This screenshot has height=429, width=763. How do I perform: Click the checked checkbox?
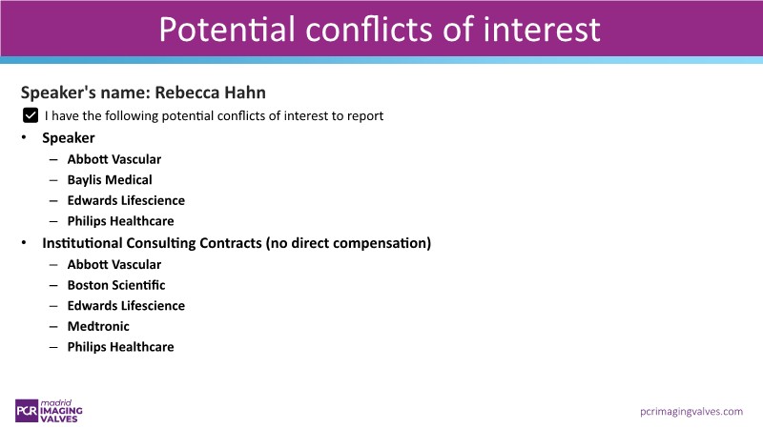[x=31, y=115]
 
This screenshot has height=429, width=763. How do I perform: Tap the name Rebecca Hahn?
[x=210, y=92]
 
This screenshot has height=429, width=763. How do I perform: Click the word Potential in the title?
[x=227, y=30]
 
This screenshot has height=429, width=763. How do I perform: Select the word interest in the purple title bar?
[x=542, y=30]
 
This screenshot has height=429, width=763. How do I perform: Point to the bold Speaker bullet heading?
[x=68, y=138]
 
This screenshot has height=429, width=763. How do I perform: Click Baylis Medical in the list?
[x=110, y=180]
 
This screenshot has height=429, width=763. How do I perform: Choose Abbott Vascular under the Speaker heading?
[x=113, y=159]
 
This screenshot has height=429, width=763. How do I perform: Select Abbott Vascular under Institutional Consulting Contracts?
[x=113, y=264]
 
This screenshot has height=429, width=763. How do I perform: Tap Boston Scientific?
[x=116, y=285]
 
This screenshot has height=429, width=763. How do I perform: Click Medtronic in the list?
[x=98, y=326]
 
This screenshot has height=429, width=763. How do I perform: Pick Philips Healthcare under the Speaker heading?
[x=121, y=221]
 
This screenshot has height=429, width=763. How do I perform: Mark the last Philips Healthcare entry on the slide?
[x=121, y=347]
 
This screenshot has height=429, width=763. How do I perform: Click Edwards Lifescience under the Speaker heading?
[x=126, y=200]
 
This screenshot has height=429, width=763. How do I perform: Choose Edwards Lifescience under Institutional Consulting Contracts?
[x=126, y=305]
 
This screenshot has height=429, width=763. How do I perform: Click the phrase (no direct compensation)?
[x=348, y=243]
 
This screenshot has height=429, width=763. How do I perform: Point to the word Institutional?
[x=82, y=243]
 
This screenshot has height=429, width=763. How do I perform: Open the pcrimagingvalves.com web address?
[x=691, y=412]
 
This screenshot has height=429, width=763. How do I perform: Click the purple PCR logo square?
[x=27, y=411]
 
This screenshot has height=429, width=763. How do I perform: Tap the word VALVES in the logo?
[x=59, y=419]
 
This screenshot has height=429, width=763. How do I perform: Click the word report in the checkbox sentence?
[x=365, y=116]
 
